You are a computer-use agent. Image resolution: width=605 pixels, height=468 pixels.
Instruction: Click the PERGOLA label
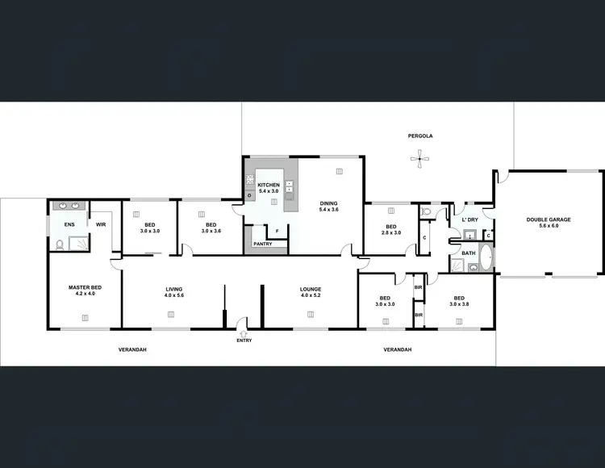pyautogui.click(x=419, y=136)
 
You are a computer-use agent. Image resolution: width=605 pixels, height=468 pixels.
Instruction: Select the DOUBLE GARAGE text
pyautogui.click(x=548, y=219)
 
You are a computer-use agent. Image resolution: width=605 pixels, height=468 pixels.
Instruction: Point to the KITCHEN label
pyautogui.click(x=269, y=186)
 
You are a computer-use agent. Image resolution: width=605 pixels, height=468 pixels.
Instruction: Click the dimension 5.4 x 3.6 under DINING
pyautogui.click(x=328, y=210)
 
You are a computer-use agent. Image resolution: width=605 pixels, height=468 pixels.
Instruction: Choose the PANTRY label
pyautogui.click(x=262, y=244)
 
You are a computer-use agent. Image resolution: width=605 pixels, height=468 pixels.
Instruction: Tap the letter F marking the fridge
pyautogui.click(x=277, y=231)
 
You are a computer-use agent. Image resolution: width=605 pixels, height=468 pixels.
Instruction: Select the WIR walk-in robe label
pyautogui.click(x=102, y=224)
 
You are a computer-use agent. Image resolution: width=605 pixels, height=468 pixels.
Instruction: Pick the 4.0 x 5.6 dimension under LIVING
pyautogui.click(x=174, y=295)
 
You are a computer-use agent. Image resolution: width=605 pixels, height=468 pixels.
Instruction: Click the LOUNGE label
pyautogui.click(x=311, y=289)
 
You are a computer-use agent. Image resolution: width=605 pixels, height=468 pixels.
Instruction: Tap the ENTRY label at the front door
pyautogui.click(x=244, y=341)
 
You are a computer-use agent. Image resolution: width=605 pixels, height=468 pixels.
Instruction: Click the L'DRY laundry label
pyautogui.click(x=469, y=219)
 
